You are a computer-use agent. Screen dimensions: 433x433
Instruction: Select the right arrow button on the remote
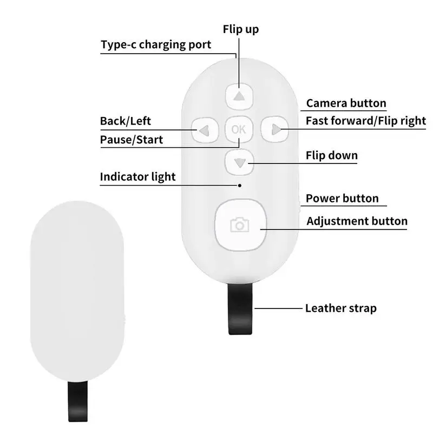[x=275, y=129]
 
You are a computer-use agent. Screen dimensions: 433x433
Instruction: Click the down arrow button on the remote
[x=239, y=161]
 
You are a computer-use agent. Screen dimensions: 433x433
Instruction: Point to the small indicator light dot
[x=240, y=185]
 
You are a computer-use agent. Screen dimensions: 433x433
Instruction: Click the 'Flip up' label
[x=241, y=29]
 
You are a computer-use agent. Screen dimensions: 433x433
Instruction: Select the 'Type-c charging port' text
[x=156, y=44]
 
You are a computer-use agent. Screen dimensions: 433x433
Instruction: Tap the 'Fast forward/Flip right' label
[x=366, y=121]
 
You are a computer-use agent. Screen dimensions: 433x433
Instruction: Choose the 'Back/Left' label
[x=126, y=121]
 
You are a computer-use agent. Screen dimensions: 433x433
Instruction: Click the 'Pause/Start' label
[x=132, y=140]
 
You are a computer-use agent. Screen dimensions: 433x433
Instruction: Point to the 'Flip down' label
[x=332, y=156]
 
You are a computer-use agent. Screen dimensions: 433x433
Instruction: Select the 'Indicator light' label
[x=138, y=177]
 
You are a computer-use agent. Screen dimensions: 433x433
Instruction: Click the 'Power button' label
[x=342, y=198]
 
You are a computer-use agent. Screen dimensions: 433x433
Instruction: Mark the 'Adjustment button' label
[x=357, y=221]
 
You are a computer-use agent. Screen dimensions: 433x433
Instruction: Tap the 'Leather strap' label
[x=341, y=309]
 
